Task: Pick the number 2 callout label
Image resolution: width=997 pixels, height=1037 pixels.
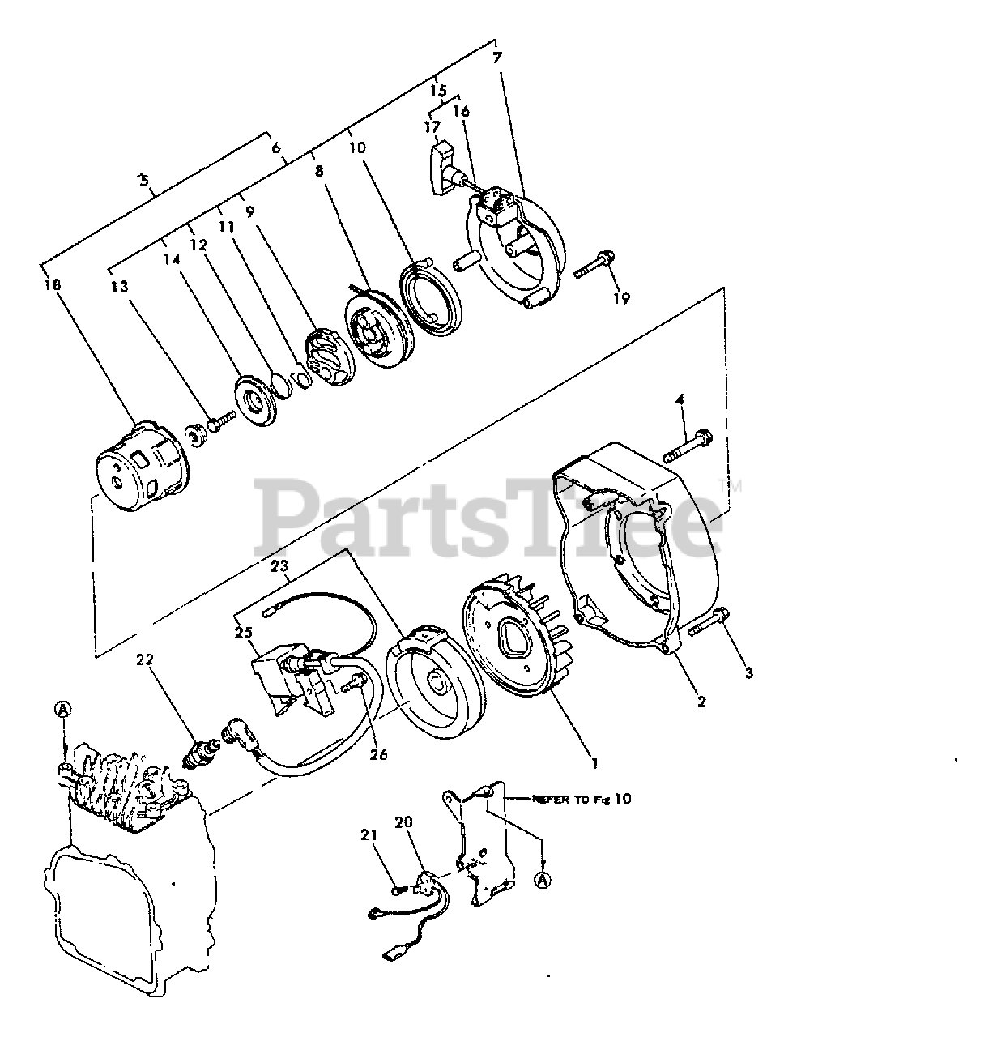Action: click(x=701, y=702)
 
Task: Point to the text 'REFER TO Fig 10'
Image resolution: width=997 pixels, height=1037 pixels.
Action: click(x=581, y=799)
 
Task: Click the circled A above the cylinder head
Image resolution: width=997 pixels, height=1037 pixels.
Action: click(x=62, y=710)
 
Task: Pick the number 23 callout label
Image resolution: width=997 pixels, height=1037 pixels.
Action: click(x=279, y=568)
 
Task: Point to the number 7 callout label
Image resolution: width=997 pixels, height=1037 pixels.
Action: click(x=496, y=58)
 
